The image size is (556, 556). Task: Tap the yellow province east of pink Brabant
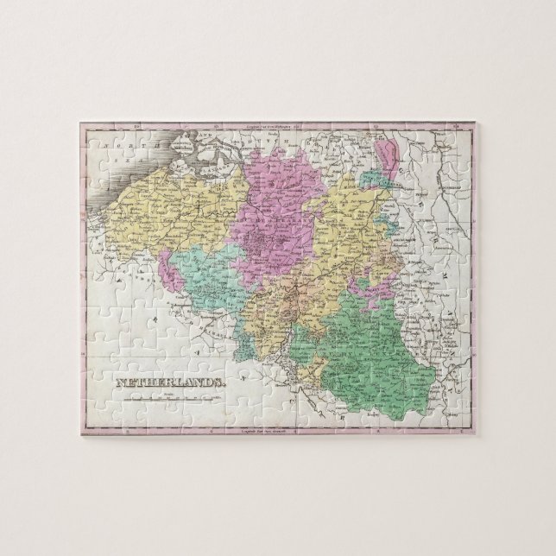(345, 233)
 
